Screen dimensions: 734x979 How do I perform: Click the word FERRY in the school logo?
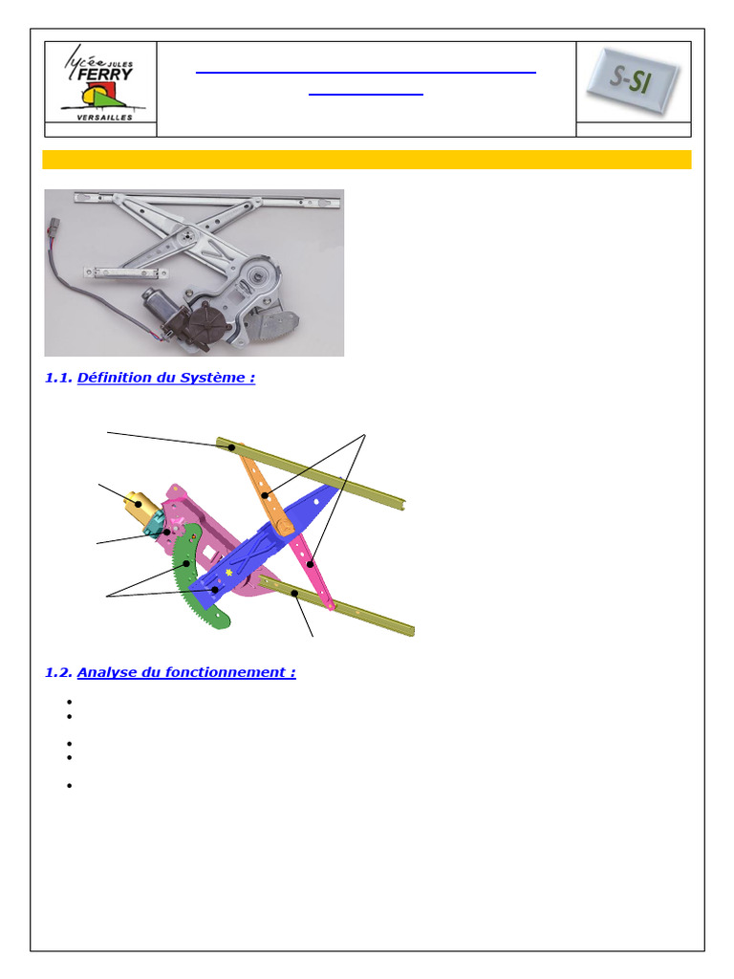coord(105,75)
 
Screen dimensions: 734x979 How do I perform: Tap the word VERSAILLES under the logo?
coord(105,118)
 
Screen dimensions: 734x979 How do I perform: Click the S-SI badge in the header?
coord(633,80)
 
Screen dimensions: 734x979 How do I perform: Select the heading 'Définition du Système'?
coord(166,378)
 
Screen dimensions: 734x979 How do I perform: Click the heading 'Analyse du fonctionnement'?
coord(186,672)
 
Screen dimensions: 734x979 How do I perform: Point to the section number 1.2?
coord(58,672)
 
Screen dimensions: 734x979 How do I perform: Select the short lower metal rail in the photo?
coord(126,272)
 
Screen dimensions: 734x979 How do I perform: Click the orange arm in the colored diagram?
coord(266,490)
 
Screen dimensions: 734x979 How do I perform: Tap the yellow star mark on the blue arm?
coord(229,572)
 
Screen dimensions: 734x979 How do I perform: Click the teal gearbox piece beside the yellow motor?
coord(154,523)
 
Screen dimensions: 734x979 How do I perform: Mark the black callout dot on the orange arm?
coord(266,496)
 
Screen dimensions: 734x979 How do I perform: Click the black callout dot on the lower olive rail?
coord(294,593)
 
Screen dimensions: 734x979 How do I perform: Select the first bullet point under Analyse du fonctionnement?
coord(69,702)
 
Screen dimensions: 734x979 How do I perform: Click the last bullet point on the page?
coord(69,786)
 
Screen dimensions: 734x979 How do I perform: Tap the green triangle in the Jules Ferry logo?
coord(111,98)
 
